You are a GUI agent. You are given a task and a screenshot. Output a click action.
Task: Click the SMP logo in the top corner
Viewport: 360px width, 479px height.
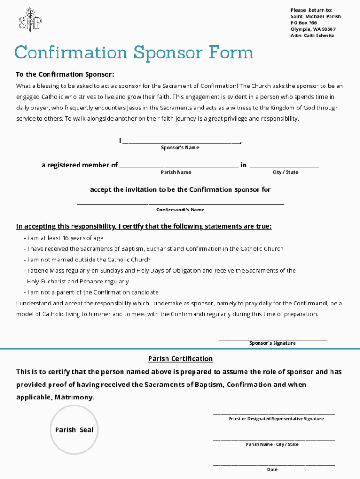pos(30,21)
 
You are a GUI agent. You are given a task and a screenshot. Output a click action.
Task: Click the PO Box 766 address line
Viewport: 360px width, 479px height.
pos(303,23)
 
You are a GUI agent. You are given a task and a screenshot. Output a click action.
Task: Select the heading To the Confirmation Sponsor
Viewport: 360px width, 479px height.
pos(65,74)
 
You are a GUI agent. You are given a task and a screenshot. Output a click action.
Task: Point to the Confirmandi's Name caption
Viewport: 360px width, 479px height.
pos(180,210)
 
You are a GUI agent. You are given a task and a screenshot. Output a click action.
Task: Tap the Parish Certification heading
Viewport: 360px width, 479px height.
pos(180,359)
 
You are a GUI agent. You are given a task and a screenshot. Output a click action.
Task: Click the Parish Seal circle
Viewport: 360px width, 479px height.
pos(74,430)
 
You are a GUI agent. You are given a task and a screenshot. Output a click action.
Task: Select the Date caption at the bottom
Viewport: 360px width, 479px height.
pos(272,469)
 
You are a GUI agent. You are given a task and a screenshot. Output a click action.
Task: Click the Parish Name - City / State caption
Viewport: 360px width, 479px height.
pos(272,444)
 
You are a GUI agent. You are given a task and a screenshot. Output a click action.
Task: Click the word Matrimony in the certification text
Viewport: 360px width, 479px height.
pos(74,398)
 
